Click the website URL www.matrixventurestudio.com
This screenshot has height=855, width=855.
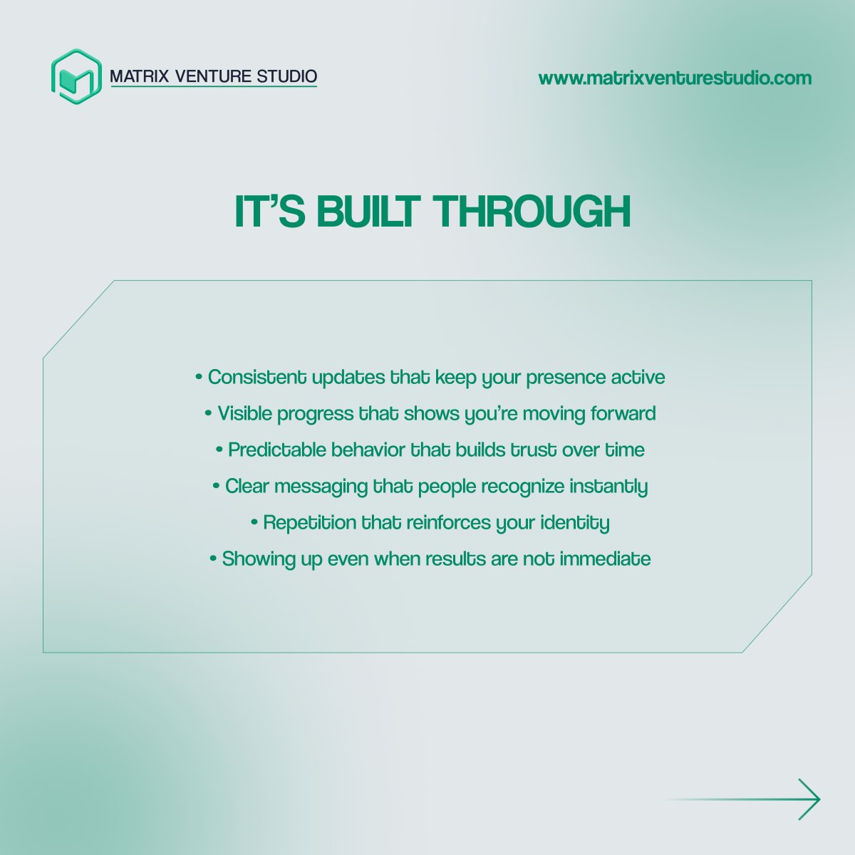[x=675, y=78]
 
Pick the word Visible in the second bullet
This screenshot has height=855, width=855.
[x=244, y=413]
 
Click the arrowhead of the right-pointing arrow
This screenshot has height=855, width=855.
[x=812, y=799]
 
